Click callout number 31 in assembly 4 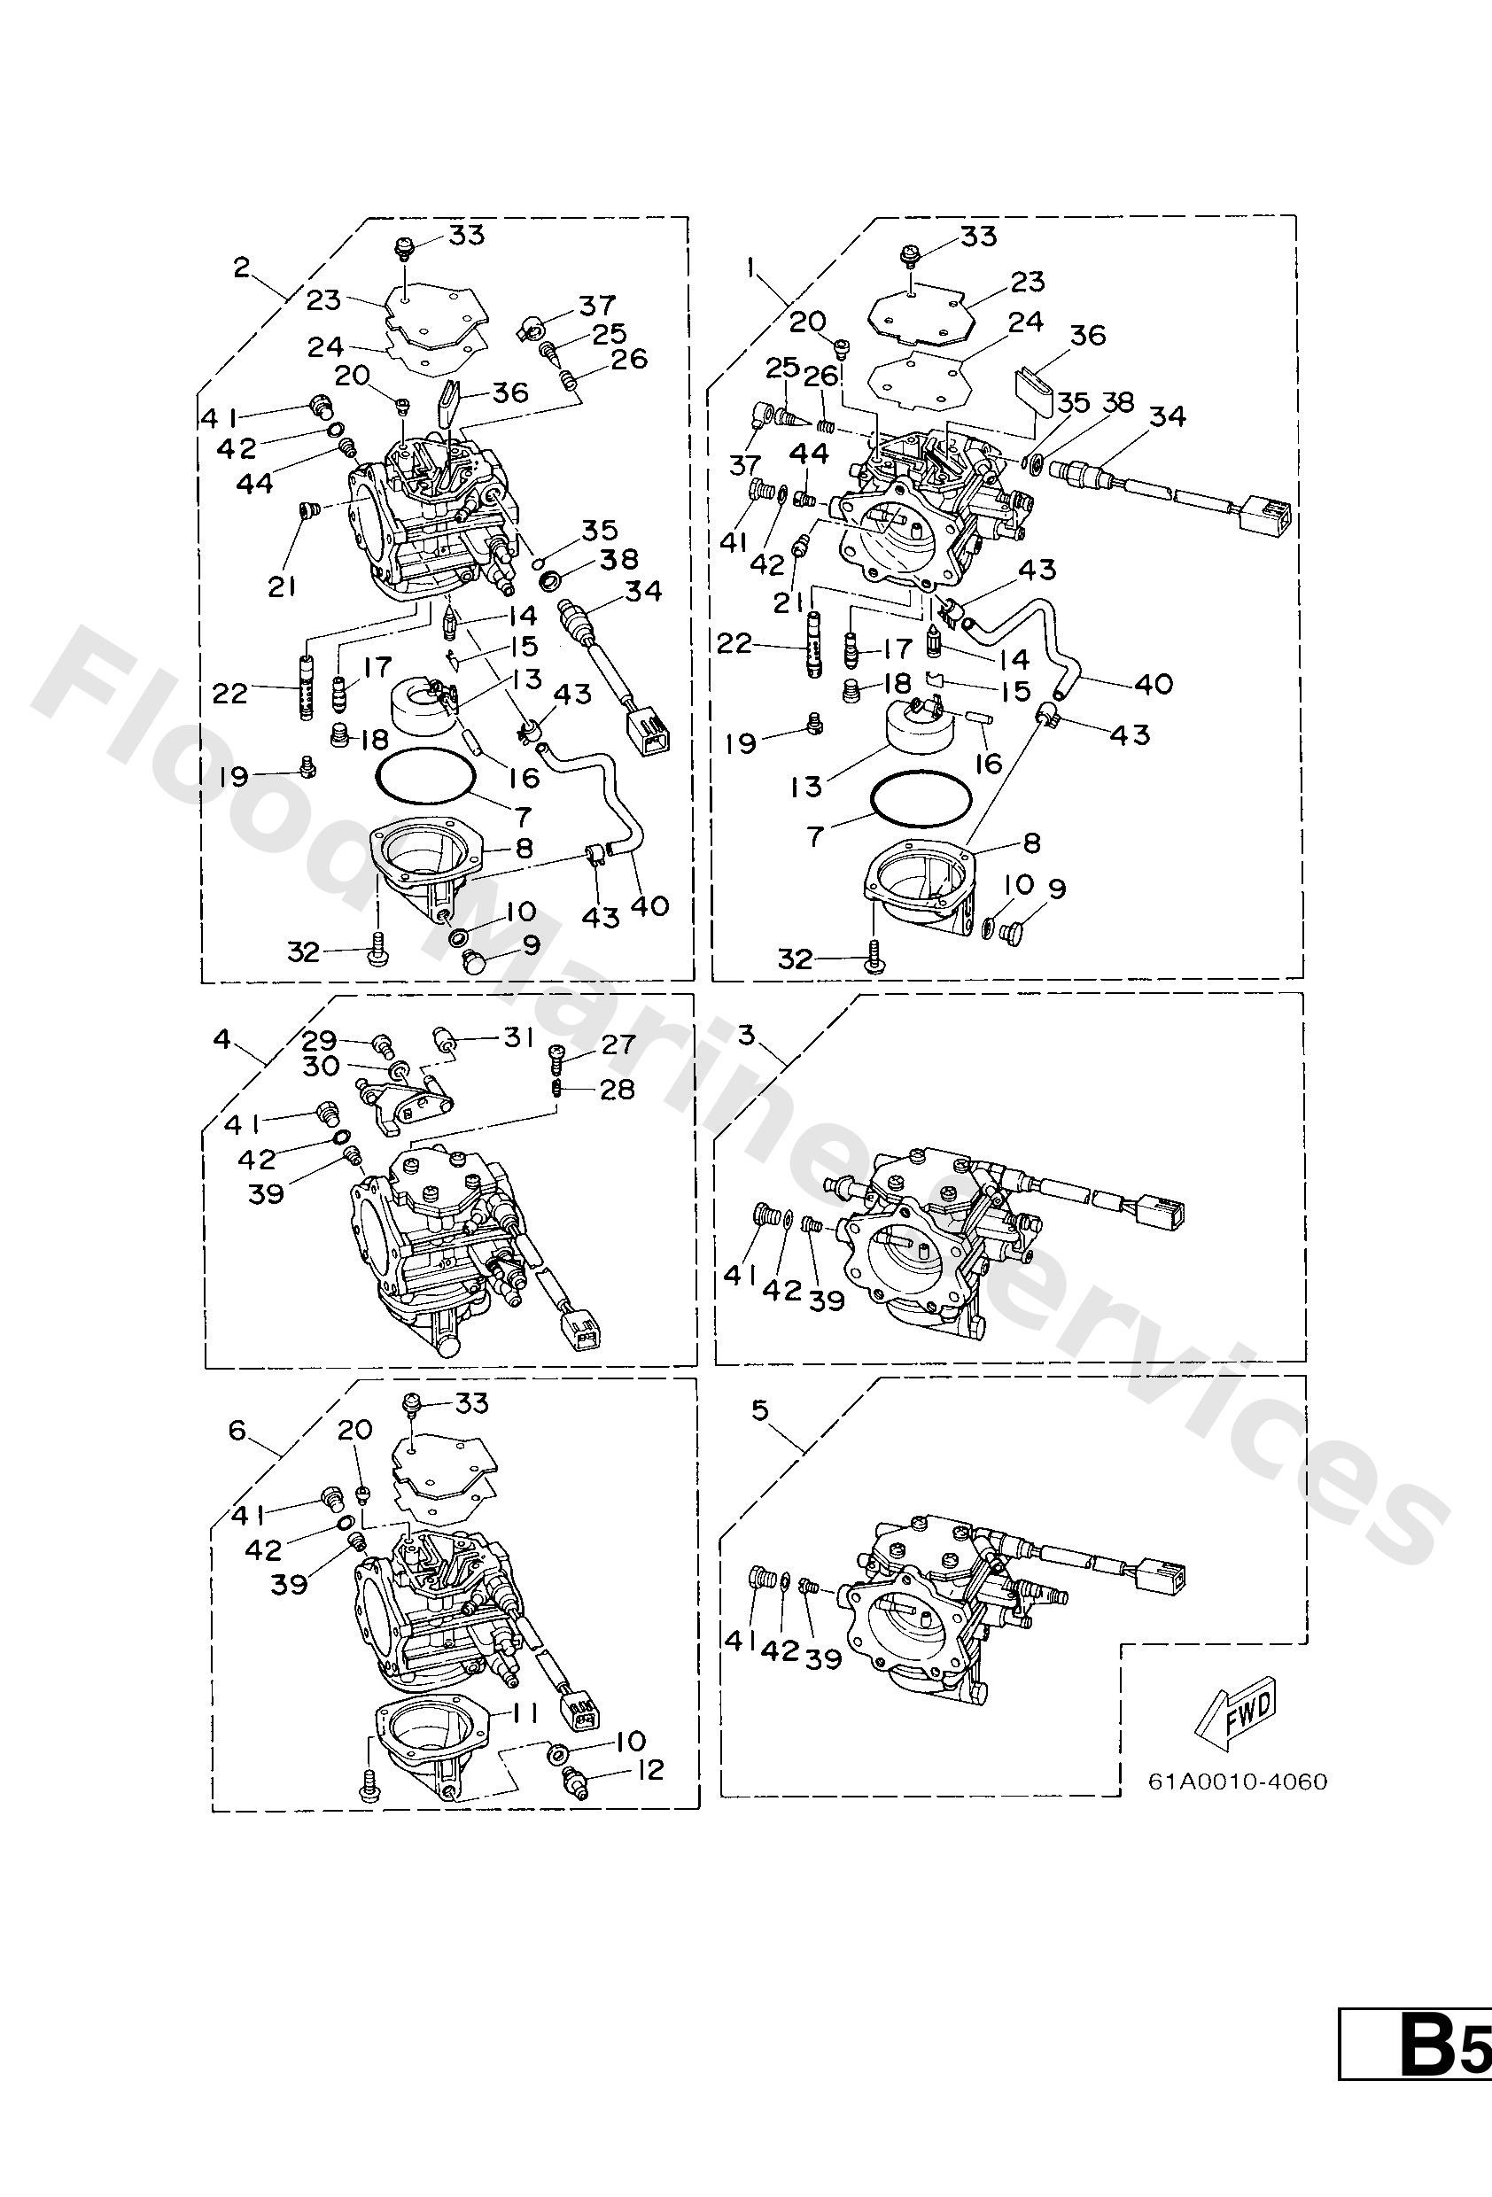point(518,1038)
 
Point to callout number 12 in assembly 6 point(649,1770)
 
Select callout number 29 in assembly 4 point(320,1040)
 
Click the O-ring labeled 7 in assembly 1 point(921,801)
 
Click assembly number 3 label point(746,1036)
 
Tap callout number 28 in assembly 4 point(619,1089)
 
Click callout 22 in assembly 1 point(734,645)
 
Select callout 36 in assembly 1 point(1087,335)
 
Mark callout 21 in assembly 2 point(282,586)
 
